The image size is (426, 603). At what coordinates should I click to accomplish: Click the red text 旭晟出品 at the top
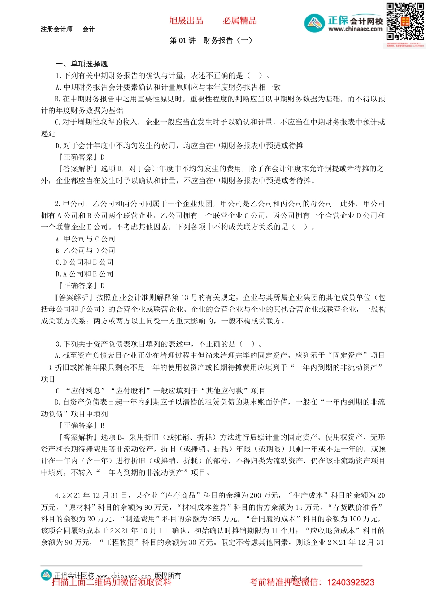pos(186,21)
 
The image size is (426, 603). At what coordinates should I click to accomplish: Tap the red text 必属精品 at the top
pos(240,21)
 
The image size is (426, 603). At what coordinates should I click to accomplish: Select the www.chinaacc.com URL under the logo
pos(355,29)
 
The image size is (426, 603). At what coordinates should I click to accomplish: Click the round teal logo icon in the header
pos(314,23)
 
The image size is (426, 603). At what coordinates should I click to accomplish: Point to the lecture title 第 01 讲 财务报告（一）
pos(211,40)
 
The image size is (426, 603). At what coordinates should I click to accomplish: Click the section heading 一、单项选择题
pos(82,64)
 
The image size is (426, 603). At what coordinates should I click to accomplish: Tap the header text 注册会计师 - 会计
pos(68,29)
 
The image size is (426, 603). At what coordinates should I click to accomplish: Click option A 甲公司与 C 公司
pos(85,239)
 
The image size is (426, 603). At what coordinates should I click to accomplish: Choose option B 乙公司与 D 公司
pos(85,250)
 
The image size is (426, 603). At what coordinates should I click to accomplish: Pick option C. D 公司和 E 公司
pos(84,262)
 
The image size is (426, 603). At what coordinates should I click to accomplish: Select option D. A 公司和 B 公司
pos(84,274)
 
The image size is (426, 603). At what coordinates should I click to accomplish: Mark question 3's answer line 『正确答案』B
pos(81,425)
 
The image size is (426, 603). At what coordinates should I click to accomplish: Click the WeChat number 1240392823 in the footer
pos(351,582)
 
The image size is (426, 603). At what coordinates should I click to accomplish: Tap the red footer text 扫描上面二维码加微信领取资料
pos(112,582)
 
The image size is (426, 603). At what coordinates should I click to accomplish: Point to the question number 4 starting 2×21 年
pos(58,495)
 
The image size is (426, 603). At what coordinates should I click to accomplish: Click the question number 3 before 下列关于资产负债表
pos(58,344)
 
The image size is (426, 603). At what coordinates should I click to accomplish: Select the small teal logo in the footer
pos(46,575)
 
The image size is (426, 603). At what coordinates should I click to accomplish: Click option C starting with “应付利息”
pos(160,391)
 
